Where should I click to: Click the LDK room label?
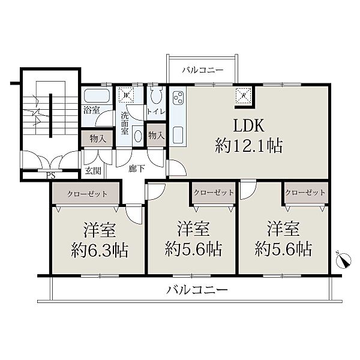click(248, 125)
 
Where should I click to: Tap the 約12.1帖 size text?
click(248, 146)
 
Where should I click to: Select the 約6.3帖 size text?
click(100, 250)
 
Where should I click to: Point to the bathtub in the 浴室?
click(97, 96)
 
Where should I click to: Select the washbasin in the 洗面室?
click(138, 136)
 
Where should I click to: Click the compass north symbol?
click(343, 260)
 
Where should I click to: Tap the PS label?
click(51, 176)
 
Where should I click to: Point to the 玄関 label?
click(93, 170)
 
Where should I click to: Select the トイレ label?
click(156, 112)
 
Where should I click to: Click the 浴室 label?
click(92, 110)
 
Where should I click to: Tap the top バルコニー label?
click(203, 70)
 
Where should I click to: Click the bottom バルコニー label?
click(197, 290)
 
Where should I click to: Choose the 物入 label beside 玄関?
click(98, 139)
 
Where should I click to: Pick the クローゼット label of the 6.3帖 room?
click(87, 194)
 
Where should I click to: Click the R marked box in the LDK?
click(244, 95)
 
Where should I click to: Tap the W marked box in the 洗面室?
click(126, 95)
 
